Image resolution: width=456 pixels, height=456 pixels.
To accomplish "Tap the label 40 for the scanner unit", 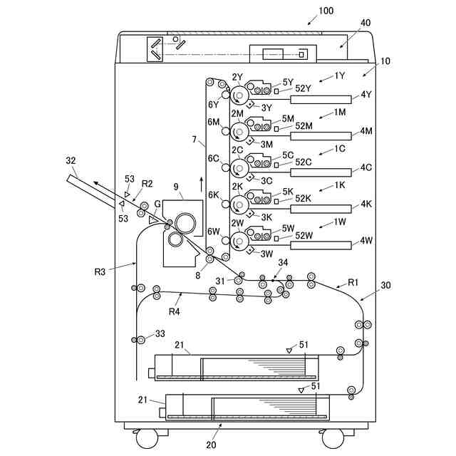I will pos(365,24).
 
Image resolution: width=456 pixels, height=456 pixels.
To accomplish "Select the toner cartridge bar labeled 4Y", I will pos(321,99).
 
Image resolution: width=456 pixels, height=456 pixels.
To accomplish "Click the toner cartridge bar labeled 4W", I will pos(321,246).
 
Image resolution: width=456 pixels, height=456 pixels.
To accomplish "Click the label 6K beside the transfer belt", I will pos(213,195).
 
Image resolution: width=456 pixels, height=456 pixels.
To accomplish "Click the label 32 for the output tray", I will pos(69,161).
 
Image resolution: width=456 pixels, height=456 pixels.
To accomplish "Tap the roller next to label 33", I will pos(141,338).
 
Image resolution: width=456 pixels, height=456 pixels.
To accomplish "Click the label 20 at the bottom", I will pos(211,445).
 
